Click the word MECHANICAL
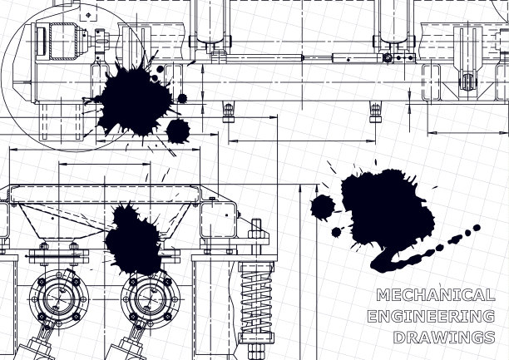point(436,295)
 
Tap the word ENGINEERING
point(432,316)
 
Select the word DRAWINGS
point(444,338)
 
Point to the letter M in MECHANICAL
point(383,295)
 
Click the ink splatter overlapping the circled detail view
point(135,101)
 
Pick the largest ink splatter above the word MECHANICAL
point(388,211)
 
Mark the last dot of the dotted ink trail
point(477,228)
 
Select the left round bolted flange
point(59,299)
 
